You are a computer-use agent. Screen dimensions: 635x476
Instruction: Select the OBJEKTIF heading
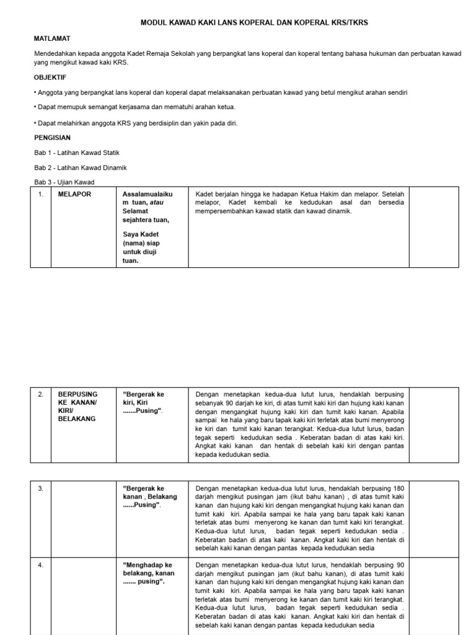coord(50,78)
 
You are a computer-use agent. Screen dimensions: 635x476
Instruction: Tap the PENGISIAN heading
coord(52,137)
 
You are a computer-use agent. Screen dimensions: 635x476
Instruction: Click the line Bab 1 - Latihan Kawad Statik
coord(76,153)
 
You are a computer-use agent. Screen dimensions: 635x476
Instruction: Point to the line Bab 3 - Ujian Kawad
coord(64,182)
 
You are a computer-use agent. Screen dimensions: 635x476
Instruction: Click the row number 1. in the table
coord(41,194)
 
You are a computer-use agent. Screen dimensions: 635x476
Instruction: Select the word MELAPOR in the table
coord(74,194)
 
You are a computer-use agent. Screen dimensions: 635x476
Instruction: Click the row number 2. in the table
coord(41,394)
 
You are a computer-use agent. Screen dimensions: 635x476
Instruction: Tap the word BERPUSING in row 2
coord(78,394)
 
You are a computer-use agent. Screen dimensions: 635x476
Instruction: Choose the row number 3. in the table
coord(41,488)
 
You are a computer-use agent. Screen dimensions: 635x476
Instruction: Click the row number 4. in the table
coord(41,565)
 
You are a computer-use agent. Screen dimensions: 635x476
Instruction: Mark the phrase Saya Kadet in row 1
coord(141,234)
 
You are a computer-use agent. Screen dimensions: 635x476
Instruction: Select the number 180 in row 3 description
coord(399,488)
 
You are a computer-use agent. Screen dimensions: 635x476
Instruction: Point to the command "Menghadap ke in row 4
coord(148,565)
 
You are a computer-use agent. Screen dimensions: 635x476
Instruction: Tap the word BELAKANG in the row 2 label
coord(77,419)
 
